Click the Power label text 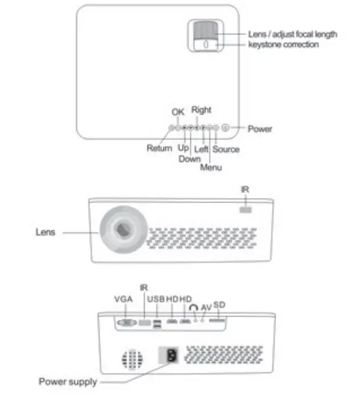click(x=260, y=129)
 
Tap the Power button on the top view click(x=226, y=128)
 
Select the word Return click(x=159, y=149)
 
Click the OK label click(x=178, y=112)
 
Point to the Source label click(x=226, y=149)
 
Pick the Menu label click(x=211, y=168)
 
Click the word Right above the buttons click(x=201, y=110)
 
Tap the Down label click(x=190, y=159)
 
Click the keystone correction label click(x=283, y=45)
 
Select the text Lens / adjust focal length click(x=292, y=34)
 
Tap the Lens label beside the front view click(x=45, y=233)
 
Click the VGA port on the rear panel click(x=127, y=324)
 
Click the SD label click(x=219, y=304)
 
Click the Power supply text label click(x=68, y=382)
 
